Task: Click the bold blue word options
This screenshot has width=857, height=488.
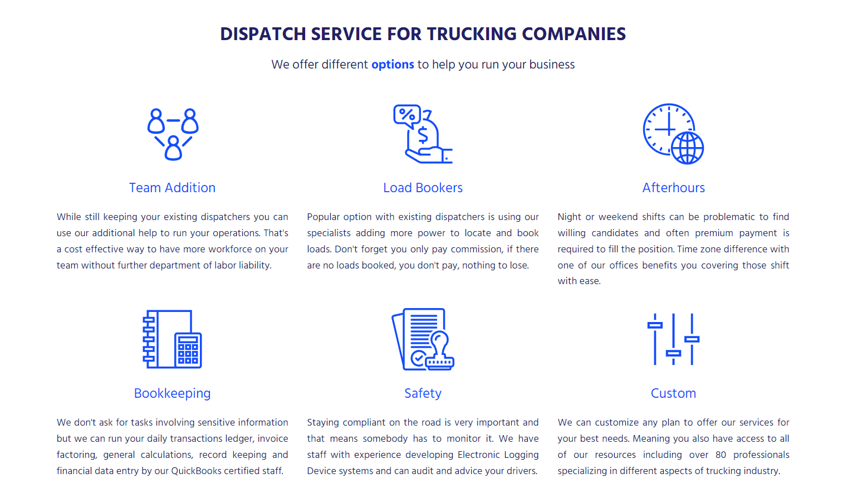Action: click(x=393, y=65)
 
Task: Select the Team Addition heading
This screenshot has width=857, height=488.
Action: click(x=172, y=188)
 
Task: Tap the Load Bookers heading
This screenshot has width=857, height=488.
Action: click(x=423, y=188)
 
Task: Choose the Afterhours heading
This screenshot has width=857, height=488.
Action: click(x=673, y=188)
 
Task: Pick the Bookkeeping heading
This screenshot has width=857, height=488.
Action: click(x=172, y=393)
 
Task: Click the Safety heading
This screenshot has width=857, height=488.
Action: click(x=423, y=393)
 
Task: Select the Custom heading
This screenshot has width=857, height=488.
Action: click(x=673, y=393)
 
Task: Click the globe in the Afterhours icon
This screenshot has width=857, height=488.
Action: click(x=688, y=148)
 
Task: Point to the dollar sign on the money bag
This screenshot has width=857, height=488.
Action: click(x=423, y=135)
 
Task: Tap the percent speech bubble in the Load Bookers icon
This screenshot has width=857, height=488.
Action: click(x=407, y=116)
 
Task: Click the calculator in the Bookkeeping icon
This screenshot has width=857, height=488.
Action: click(x=188, y=350)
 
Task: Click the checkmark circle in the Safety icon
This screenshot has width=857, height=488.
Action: click(x=418, y=359)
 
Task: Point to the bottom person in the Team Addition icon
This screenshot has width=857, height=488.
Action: click(x=173, y=148)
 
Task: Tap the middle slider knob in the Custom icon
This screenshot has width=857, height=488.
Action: click(x=673, y=353)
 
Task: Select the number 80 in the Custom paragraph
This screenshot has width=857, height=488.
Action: click(x=721, y=455)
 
